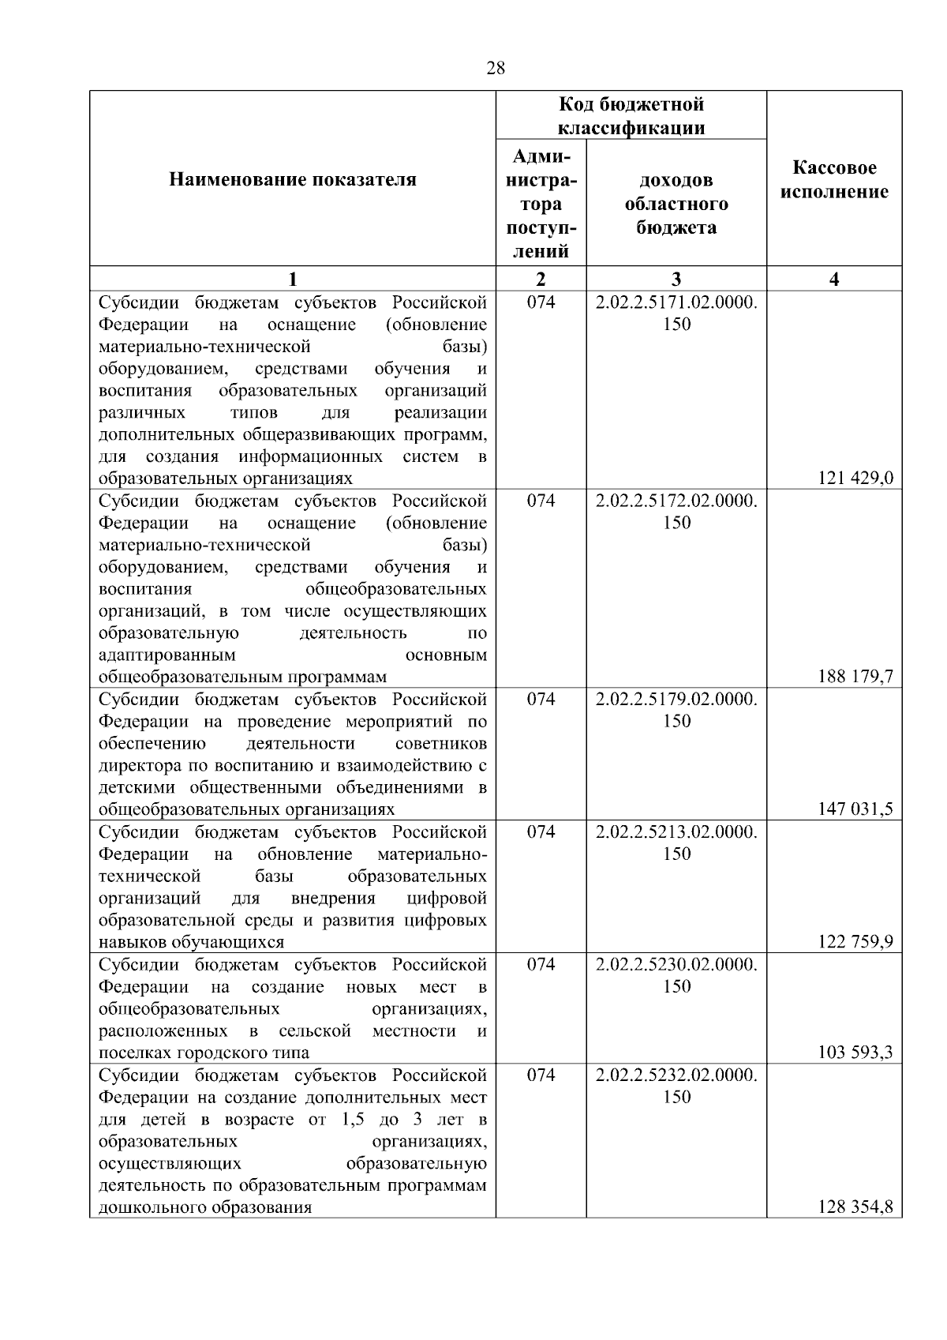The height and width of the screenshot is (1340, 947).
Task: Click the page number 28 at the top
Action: (496, 68)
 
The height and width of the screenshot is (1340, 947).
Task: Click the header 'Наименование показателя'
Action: (293, 180)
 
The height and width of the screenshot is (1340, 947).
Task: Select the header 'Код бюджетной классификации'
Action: (631, 116)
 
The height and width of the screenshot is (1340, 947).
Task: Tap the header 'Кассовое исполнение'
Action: (834, 180)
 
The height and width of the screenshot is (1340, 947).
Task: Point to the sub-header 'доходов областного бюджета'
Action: (676, 204)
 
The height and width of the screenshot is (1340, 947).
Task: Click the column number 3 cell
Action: (676, 279)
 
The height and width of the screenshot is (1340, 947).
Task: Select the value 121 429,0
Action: (855, 478)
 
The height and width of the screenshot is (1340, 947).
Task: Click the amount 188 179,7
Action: (855, 676)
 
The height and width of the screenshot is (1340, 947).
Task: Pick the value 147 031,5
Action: (855, 809)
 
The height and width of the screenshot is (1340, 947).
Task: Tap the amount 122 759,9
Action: (855, 941)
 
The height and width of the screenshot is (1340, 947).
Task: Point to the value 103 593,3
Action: (855, 1052)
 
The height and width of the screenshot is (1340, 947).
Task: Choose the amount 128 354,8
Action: (855, 1207)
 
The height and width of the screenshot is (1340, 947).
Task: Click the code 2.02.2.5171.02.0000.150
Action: (676, 313)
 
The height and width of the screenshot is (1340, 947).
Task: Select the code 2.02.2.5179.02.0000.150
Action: (676, 710)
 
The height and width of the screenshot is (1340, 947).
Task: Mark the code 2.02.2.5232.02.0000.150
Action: (676, 1086)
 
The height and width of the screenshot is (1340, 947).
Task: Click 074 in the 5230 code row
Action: (541, 964)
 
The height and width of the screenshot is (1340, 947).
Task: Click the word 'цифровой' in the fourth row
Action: (447, 898)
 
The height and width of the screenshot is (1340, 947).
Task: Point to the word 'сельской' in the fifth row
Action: (314, 1030)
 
